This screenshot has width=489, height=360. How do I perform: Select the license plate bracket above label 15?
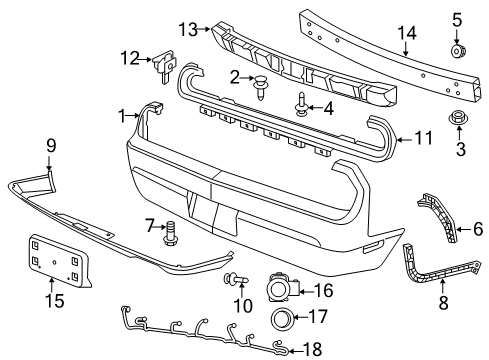pos(56,261)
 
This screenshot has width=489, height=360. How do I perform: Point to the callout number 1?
pos(123,116)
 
